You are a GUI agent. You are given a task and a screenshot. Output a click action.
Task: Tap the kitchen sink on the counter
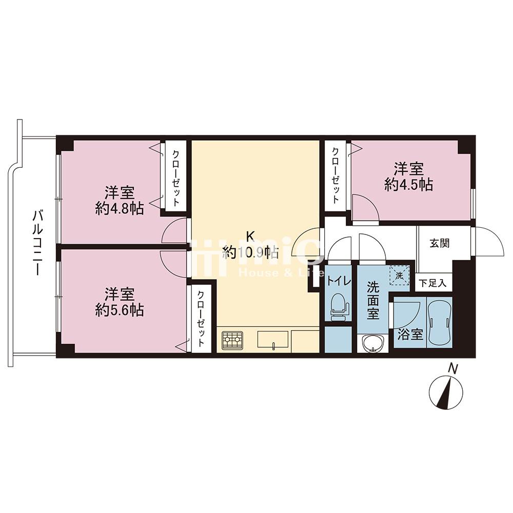coord(273,339)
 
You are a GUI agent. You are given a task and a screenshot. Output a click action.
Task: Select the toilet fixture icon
coord(340,307)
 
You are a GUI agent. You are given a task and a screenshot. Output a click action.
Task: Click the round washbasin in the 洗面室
coord(372,344)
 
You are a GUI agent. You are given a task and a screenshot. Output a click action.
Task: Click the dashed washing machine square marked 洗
coord(399,275)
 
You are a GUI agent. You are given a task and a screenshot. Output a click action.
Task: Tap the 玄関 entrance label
coord(440,243)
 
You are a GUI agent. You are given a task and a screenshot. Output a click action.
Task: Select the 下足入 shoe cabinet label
coord(432,283)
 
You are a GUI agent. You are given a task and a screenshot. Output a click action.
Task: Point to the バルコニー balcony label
coord(37,243)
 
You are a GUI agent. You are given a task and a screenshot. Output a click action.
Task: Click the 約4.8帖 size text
coord(120,208)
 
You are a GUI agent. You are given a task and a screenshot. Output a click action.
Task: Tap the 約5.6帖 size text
coord(120,309)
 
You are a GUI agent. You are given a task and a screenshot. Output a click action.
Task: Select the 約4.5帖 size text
coord(409,185)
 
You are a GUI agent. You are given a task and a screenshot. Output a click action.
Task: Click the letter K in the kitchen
coord(250,235)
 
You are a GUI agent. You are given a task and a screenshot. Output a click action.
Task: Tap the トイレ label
coord(339,281)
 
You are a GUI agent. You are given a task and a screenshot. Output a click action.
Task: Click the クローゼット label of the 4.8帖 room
coord(175,178)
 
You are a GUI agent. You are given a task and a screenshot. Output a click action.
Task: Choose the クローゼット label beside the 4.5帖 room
coord(335,175)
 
